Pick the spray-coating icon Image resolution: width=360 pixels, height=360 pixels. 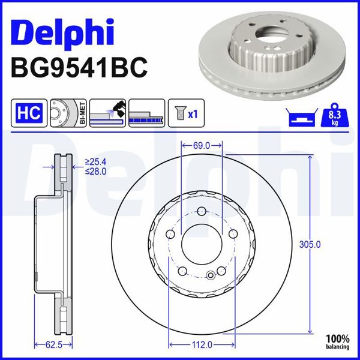[x=107, y=113]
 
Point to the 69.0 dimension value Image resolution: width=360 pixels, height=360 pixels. [x=202, y=145]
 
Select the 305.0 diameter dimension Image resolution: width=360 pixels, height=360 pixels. [x=323, y=244]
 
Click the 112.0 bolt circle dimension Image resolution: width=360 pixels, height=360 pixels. [x=202, y=344]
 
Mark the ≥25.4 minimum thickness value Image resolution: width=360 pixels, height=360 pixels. [x=95, y=162]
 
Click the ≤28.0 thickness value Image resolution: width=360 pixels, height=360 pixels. [x=95, y=172]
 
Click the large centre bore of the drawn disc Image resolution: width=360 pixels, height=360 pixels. [x=202, y=244]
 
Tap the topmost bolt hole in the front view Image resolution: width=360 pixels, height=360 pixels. [x=202, y=211]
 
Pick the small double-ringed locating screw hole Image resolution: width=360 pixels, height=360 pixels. [x=210, y=275]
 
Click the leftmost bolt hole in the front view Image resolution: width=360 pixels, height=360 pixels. [x=170, y=234]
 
